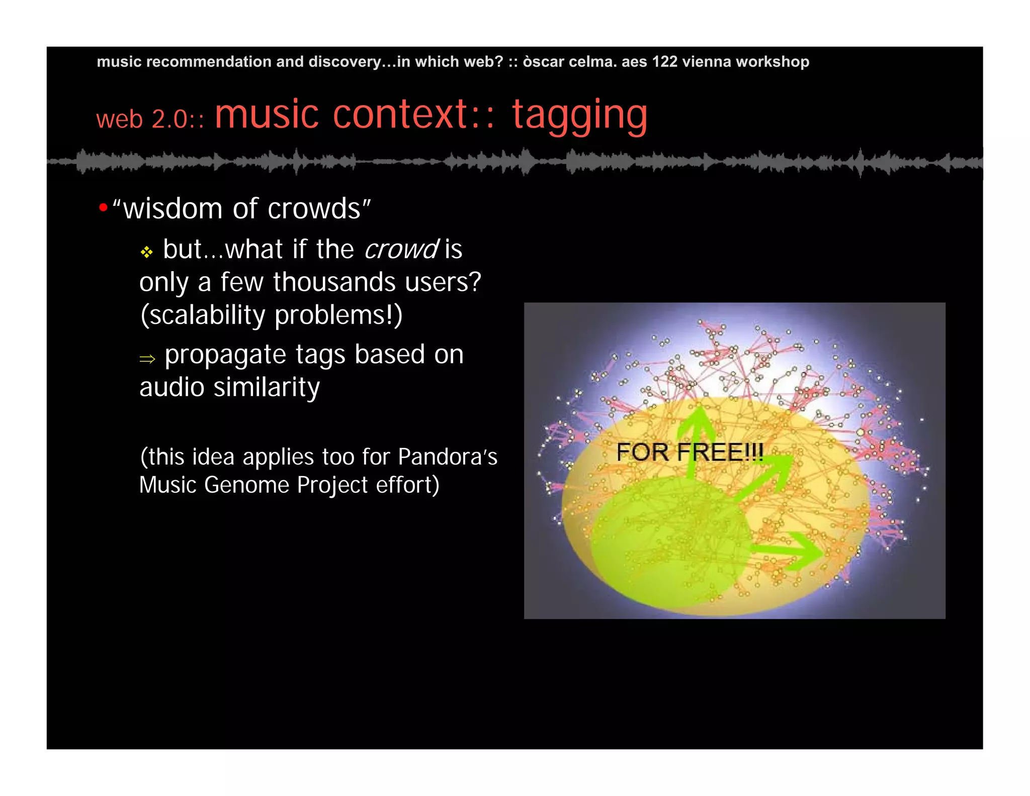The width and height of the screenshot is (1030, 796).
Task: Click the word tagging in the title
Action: (579, 115)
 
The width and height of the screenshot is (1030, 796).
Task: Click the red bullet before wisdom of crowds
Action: (103, 207)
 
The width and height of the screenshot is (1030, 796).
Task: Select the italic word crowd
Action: (401, 250)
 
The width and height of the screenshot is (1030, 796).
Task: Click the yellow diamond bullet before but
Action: (146, 252)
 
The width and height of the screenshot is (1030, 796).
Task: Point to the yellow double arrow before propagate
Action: (147, 359)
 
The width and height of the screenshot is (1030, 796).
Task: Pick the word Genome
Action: (246, 485)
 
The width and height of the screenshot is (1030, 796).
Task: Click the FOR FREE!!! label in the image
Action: (690, 452)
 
